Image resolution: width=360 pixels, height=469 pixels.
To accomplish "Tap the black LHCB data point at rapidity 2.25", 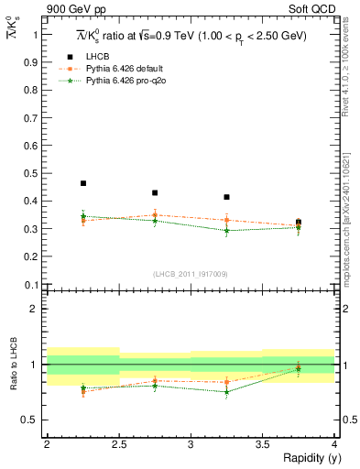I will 83,183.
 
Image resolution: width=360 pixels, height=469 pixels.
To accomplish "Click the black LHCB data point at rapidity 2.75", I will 155,193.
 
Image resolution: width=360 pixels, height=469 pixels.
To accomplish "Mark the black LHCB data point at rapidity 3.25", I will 226,197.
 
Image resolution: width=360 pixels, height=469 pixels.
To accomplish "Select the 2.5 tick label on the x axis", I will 118,443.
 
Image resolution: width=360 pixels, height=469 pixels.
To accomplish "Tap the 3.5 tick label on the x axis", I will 261,443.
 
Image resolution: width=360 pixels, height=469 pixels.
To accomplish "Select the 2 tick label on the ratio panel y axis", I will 36,310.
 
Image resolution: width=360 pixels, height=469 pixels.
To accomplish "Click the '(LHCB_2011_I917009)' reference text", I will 191,274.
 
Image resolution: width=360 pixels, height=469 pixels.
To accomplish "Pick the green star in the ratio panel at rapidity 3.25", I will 226,391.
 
